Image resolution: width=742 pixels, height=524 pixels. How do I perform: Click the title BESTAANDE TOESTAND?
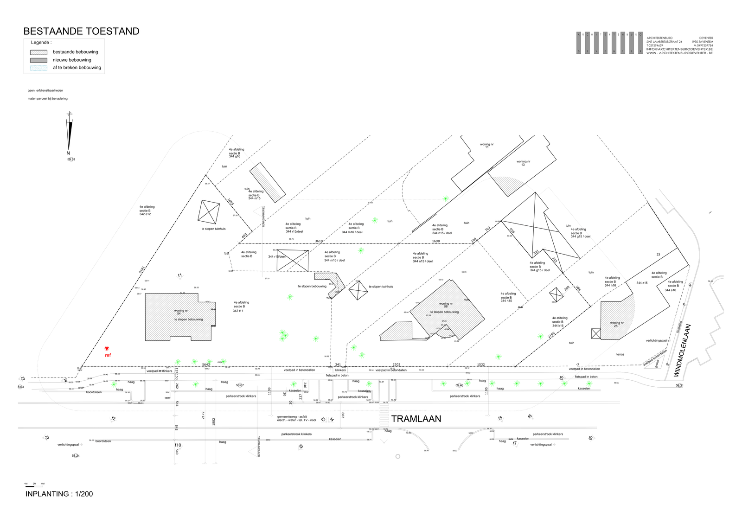(81, 32)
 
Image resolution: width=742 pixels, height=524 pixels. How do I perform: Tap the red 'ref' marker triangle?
(107, 349)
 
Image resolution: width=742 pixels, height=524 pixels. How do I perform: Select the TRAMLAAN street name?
(416, 419)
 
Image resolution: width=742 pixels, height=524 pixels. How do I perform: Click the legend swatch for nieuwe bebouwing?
(38, 60)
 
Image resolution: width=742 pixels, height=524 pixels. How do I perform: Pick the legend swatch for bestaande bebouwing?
(38, 52)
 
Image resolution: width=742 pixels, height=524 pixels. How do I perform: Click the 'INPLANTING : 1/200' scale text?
(59, 494)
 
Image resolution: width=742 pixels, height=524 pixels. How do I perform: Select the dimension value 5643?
(206, 364)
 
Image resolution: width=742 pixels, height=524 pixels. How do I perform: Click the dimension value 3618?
(319, 241)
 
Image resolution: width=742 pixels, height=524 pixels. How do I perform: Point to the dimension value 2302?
(396, 364)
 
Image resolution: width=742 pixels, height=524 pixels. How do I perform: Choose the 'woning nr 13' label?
(523, 163)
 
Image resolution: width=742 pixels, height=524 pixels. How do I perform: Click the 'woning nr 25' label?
(616, 324)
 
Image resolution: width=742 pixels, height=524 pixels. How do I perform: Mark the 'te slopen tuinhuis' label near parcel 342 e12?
(213, 229)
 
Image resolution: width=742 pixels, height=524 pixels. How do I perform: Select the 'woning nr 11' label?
(487, 146)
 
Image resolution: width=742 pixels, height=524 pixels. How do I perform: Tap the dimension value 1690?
(436, 241)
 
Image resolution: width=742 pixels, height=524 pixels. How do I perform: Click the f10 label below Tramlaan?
(178, 445)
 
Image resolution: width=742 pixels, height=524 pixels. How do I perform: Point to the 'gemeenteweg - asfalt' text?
(292, 416)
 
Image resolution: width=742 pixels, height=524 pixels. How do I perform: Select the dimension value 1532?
(481, 364)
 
